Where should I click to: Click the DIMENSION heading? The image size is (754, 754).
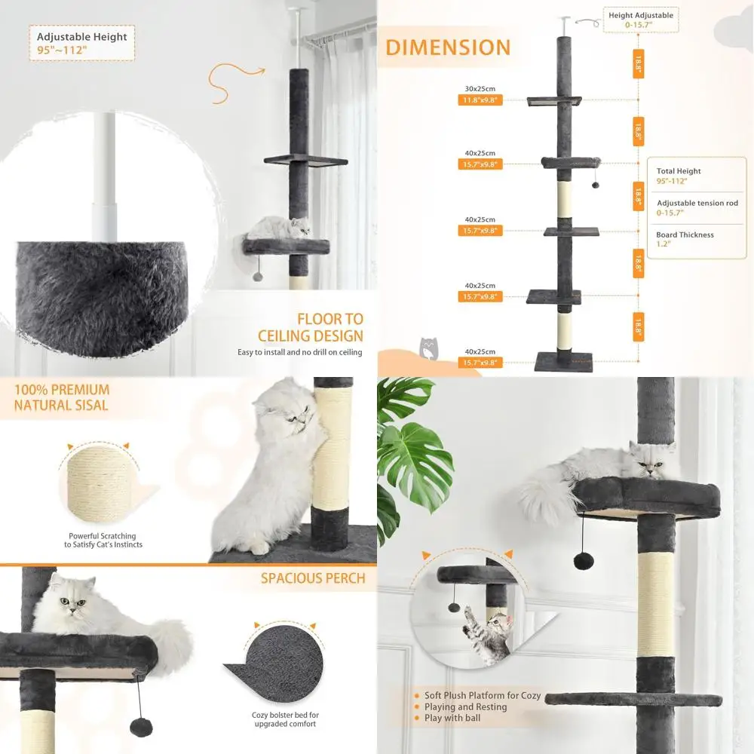(x=448, y=47)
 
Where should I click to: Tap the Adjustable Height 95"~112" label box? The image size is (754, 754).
(x=82, y=43)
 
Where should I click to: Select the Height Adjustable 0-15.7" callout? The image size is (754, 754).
(x=640, y=20)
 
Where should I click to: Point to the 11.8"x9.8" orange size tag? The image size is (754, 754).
(x=480, y=100)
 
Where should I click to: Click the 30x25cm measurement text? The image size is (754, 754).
(x=480, y=88)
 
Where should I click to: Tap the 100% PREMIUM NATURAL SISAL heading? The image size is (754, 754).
(x=62, y=397)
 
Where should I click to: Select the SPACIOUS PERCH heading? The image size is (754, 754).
(x=313, y=578)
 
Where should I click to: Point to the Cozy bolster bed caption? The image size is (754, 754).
(x=285, y=719)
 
